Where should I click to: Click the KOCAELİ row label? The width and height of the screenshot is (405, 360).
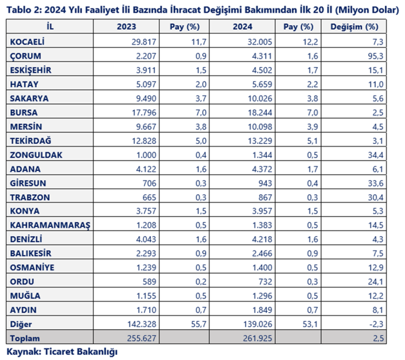[x=27, y=42]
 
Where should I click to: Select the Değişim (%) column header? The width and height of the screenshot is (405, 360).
[x=354, y=26]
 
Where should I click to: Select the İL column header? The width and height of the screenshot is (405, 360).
[x=51, y=26]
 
